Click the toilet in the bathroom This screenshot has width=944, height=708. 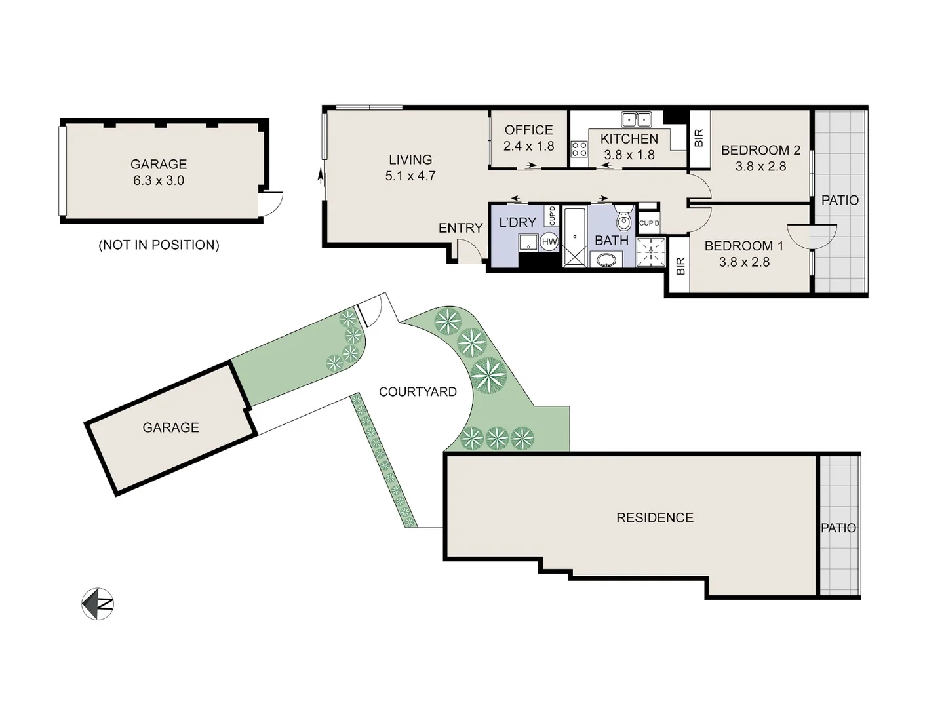623,220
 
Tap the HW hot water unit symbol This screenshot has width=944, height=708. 549,242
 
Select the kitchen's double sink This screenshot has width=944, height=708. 636,119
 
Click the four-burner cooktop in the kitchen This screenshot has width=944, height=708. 579,149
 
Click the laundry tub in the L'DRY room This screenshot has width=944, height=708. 528,243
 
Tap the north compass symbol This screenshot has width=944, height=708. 98,603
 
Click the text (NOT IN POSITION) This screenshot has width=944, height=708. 159,245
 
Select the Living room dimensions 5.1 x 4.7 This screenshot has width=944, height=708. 410,176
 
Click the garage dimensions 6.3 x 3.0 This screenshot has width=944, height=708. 159,180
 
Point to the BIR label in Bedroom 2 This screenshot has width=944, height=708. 698,138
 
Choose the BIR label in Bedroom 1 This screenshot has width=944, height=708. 680,265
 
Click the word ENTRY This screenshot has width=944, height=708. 460,228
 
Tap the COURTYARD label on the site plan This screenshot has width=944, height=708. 418,392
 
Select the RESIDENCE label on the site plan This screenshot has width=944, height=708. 654,518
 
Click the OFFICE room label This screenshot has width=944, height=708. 528,130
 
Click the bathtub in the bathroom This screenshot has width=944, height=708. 574,237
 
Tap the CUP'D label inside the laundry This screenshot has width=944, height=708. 552,216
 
